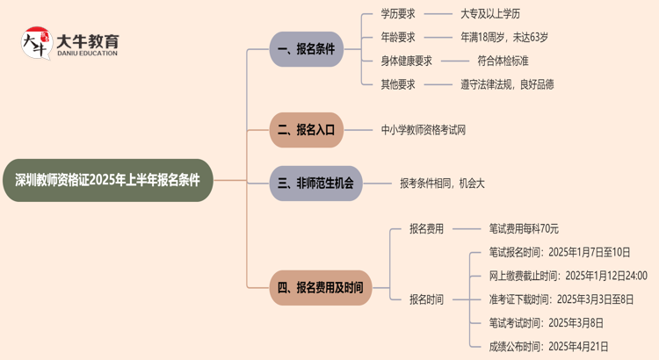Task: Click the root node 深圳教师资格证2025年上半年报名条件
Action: click(x=107, y=180)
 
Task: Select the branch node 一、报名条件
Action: click(x=306, y=49)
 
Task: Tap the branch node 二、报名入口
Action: click(x=306, y=129)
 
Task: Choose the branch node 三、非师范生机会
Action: click(x=315, y=183)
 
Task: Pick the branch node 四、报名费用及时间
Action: click(x=320, y=287)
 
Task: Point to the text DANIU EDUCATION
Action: click(x=86, y=54)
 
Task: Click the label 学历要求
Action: click(x=398, y=14)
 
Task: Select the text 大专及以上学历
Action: click(x=489, y=14)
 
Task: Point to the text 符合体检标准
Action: click(x=503, y=61)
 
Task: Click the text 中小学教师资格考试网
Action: click(x=424, y=129)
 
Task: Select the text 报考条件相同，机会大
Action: click(x=442, y=183)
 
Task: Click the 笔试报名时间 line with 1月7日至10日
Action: click(x=559, y=252)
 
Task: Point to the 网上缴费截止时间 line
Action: click(x=568, y=276)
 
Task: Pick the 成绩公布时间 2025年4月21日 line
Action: click(x=548, y=346)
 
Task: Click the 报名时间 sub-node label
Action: click(x=426, y=299)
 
